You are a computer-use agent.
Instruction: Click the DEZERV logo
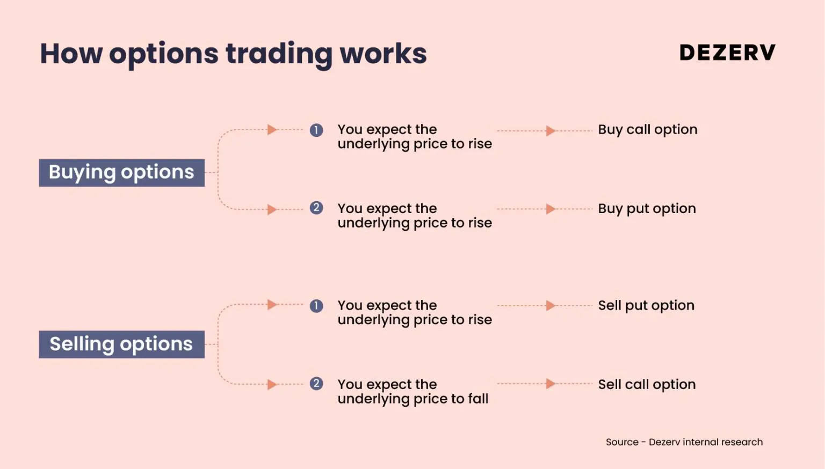pyautogui.click(x=727, y=52)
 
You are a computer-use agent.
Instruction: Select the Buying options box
pyautogui.click(x=122, y=172)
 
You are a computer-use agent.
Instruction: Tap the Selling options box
pyautogui.click(x=122, y=345)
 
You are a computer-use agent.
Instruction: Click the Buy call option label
pyautogui.click(x=647, y=130)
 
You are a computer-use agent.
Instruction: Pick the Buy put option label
pyautogui.click(x=647, y=209)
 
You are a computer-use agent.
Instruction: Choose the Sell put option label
pyautogui.click(x=646, y=306)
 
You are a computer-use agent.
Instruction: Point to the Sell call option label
pyautogui.click(x=647, y=385)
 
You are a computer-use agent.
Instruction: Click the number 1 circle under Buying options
pyautogui.click(x=316, y=130)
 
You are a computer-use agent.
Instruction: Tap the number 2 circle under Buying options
pyautogui.click(x=316, y=208)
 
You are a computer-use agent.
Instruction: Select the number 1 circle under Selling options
pyautogui.click(x=316, y=306)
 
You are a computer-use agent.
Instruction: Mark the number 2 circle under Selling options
pyautogui.click(x=316, y=384)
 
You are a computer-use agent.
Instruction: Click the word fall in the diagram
pyautogui.click(x=477, y=399)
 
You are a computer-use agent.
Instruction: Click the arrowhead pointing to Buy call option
pyautogui.click(x=551, y=130)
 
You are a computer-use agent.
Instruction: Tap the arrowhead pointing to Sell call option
pyautogui.click(x=551, y=384)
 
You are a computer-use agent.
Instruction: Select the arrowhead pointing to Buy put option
pyautogui.click(x=551, y=209)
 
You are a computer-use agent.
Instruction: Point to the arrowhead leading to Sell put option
pyautogui.click(x=551, y=305)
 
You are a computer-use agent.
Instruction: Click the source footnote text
pyautogui.click(x=684, y=442)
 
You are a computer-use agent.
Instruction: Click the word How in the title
pyautogui.click(x=71, y=54)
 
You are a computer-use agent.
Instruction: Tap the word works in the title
pyautogui.click(x=383, y=54)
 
